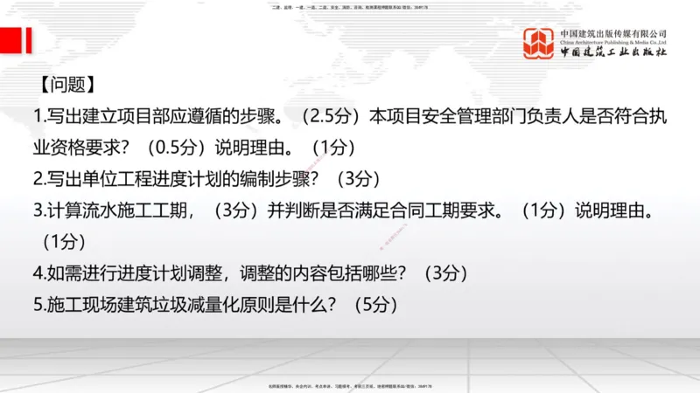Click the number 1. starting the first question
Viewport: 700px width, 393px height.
38,115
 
